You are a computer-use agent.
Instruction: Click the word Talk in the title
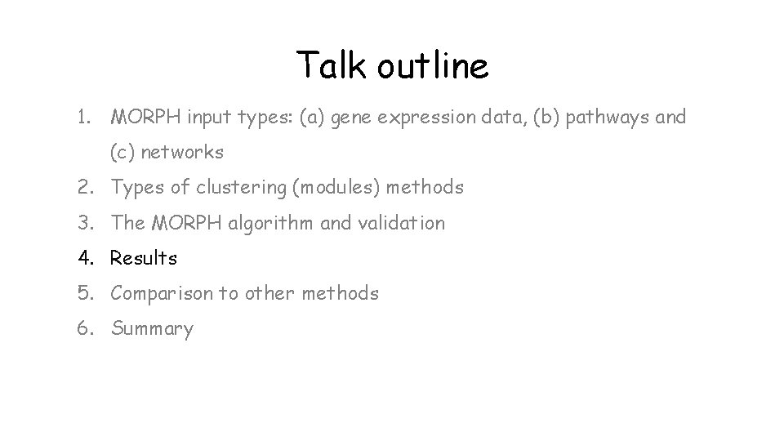click(332, 65)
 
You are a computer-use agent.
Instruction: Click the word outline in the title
click(433, 65)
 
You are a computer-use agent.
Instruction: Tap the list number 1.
click(83, 117)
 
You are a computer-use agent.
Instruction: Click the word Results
click(144, 258)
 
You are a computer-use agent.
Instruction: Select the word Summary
click(153, 329)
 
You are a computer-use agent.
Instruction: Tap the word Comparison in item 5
click(160, 293)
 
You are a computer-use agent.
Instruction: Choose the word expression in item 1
click(427, 118)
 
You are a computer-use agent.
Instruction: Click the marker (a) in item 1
click(313, 118)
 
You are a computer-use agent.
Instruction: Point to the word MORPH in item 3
click(188, 223)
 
